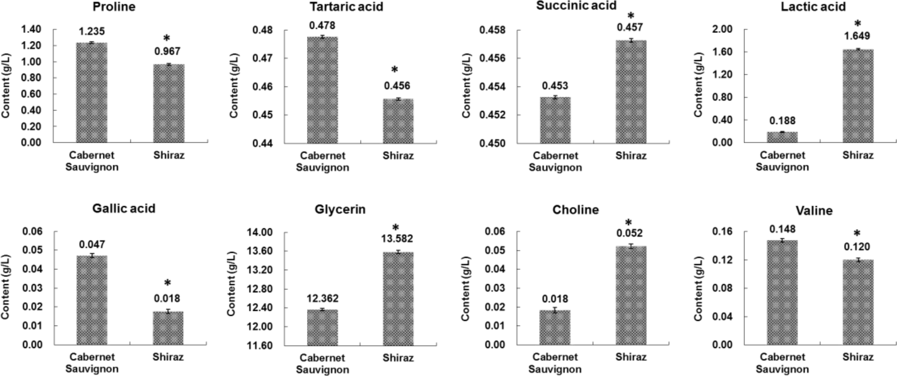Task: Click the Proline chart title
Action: click(x=114, y=7)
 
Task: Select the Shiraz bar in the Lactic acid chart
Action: click(x=857, y=95)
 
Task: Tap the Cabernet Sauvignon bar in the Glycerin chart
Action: click(x=322, y=327)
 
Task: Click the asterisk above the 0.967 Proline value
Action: click(x=167, y=39)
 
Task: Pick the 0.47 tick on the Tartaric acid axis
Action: click(x=261, y=58)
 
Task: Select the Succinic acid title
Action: click(x=576, y=6)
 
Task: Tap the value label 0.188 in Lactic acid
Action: click(x=782, y=121)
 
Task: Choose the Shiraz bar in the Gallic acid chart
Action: click(x=168, y=328)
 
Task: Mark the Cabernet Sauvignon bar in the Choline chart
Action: click(x=555, y=327)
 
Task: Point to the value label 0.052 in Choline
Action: click(x=630, y=233)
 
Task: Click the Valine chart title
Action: click(x=814, y=210)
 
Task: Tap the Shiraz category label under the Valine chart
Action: click(x=857, y=357)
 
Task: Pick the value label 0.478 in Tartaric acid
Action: click(x=322, y=25)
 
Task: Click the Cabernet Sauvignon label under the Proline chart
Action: click(x=92, y=161)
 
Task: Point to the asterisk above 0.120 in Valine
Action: click(x=857, y=234)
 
